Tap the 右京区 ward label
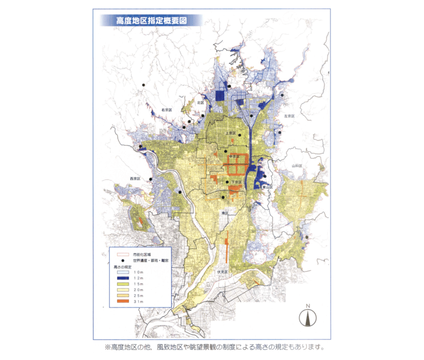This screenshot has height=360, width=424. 167,110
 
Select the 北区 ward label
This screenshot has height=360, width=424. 200,103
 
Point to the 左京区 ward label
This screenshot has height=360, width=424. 289,115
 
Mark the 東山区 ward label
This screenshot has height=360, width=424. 266,187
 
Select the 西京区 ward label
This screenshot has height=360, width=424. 134,178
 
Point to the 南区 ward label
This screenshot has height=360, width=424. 224,213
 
